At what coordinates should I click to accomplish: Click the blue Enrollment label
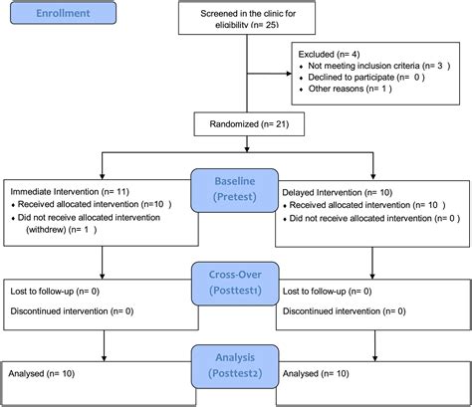click(63, 13)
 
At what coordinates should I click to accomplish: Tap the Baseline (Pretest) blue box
click(234, 190)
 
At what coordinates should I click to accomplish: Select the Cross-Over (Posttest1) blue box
click(235, 284)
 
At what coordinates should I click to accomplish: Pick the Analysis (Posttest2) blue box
click(235, 366)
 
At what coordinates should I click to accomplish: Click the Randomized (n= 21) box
click(249, 124)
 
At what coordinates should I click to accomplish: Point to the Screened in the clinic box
click(247, 18)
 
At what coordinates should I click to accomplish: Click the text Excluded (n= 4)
click(329, 54)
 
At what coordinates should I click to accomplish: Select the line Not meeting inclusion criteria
click(379, 66)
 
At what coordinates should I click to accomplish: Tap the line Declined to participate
click(366, 78)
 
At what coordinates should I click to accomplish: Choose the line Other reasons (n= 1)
click(350, 89)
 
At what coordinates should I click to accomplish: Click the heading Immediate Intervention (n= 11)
click(70, 192)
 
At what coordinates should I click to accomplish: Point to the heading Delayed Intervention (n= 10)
click(338, 192)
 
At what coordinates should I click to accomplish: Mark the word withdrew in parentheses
click(46, 230)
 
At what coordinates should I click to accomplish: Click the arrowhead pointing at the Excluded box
click(289, 74)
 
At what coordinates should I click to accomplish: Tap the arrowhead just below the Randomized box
click(247, 149)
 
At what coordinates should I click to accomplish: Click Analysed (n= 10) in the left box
click(42, 373)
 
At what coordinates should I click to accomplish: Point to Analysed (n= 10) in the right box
click(316, 373)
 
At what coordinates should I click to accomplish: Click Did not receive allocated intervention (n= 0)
click(374, 218)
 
